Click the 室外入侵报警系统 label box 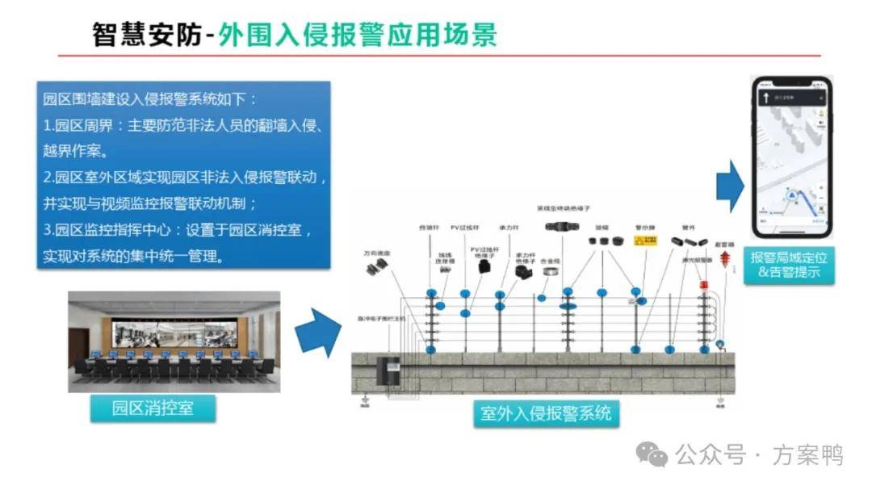tap(546, 414)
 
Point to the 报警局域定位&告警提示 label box tap(790, 265)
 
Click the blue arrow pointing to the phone tap(730, 186)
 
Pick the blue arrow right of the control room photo tap(317, 332)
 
